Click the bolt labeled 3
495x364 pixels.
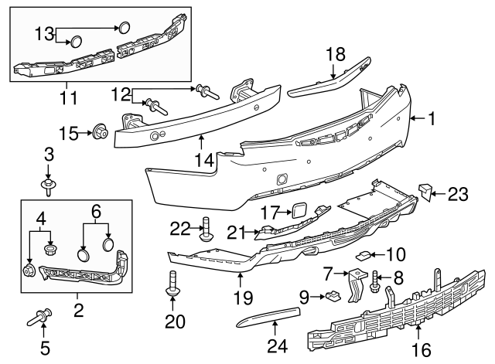click(x=49, y=184)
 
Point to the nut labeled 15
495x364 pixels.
click(x=100, y=131)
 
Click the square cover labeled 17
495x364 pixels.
click(x=299, y=209)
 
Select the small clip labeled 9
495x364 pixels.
click(x=330, y=294)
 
